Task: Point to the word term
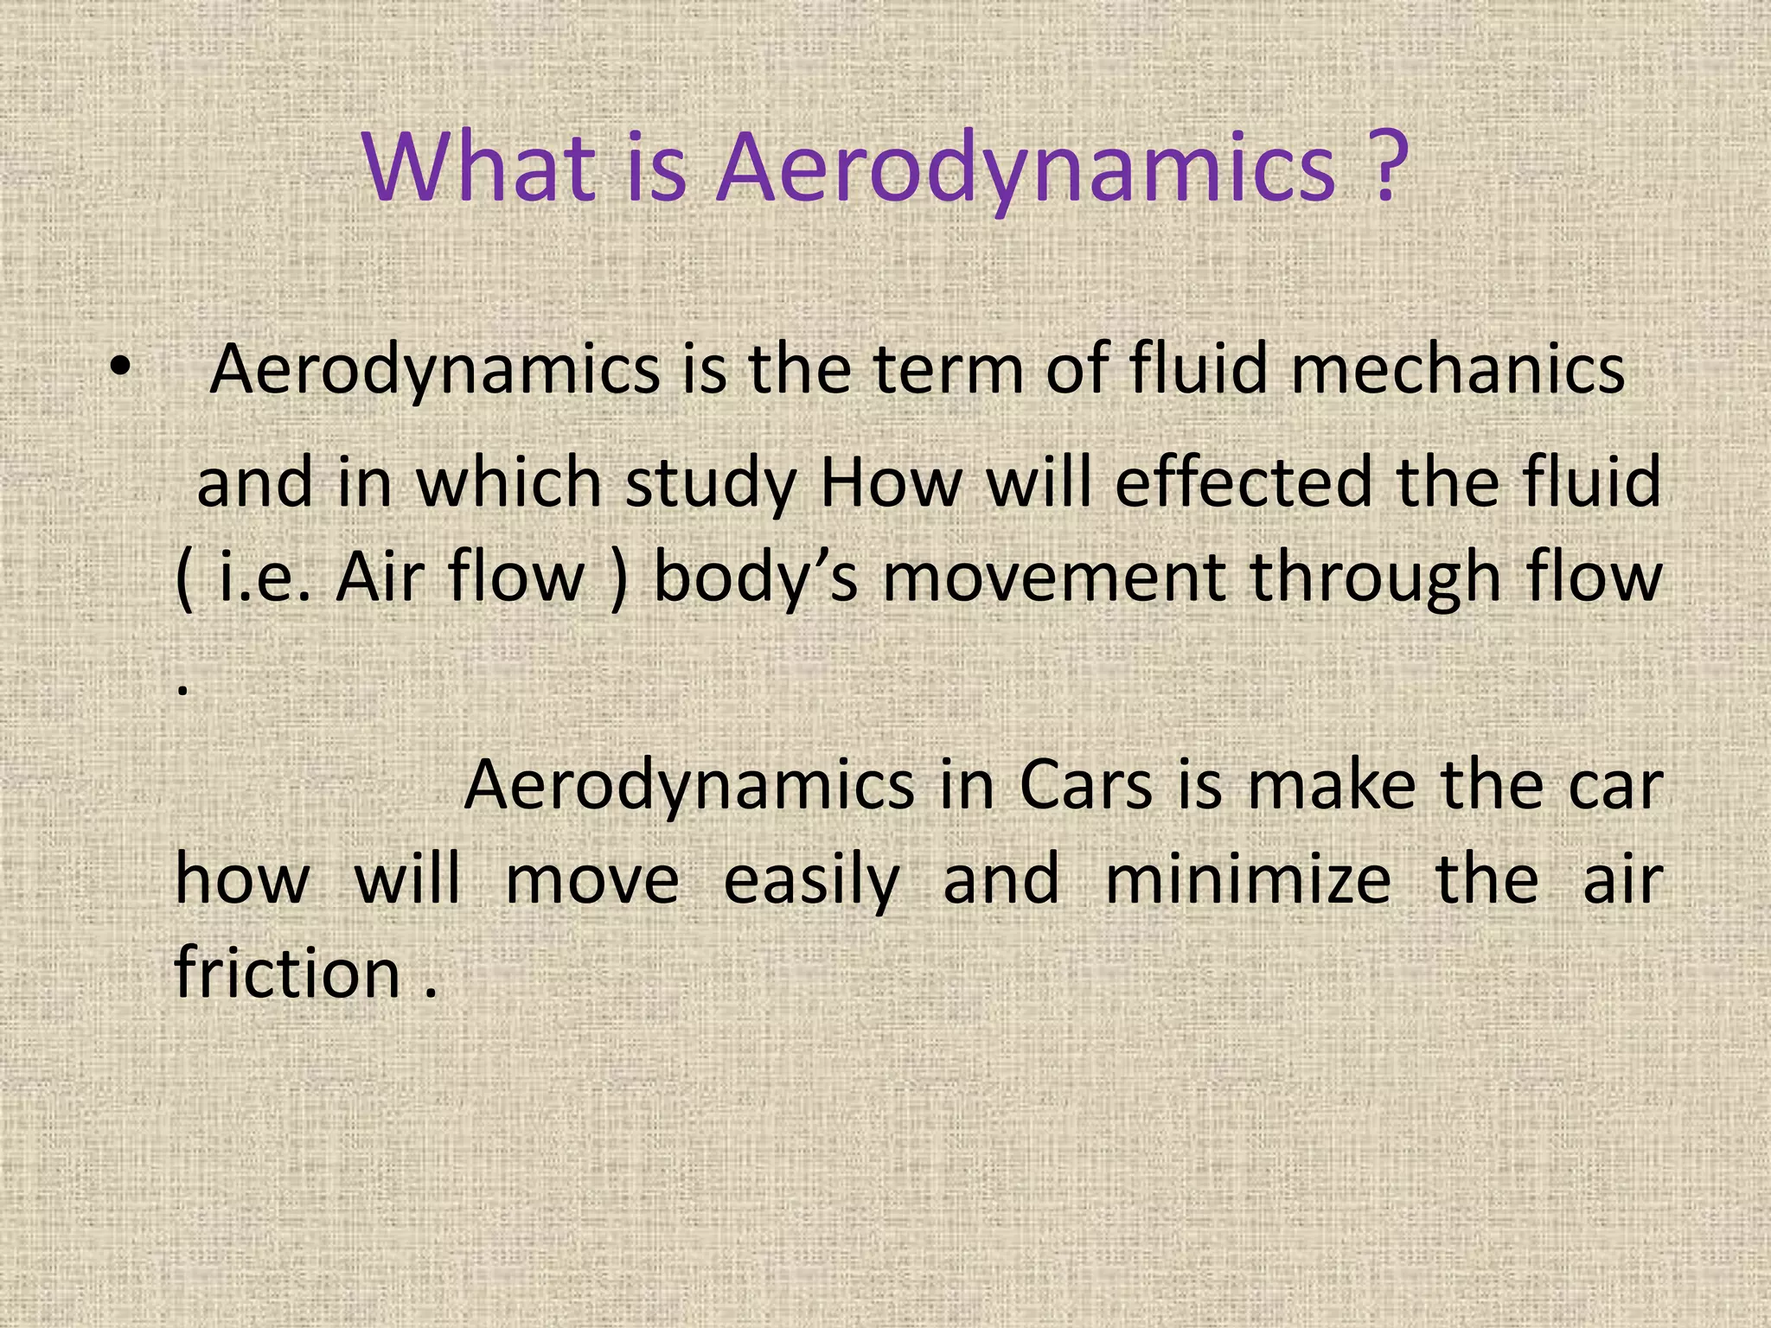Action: [x=949, y=370]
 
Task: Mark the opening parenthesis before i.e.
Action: [x=183, y=579]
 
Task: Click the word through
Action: [x=1375, y=579]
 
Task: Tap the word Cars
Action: [x=1085, y=786]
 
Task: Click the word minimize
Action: [x=1248, y=880]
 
